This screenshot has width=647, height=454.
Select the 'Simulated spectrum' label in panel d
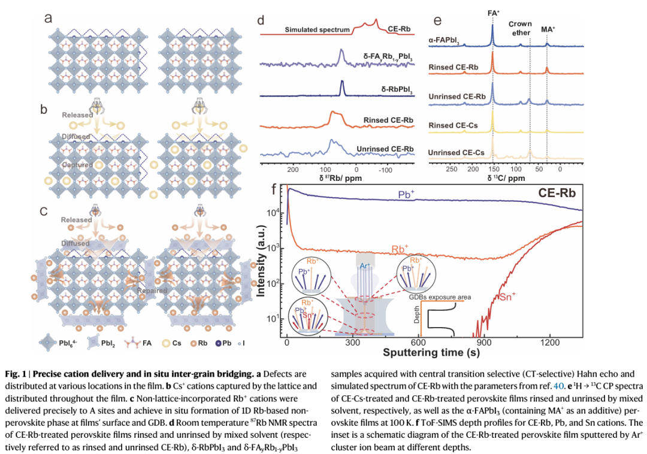coord(317,29)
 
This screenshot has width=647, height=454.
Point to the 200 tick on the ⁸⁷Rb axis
coord(293,170)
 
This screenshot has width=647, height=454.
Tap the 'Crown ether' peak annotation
coord(520,28)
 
